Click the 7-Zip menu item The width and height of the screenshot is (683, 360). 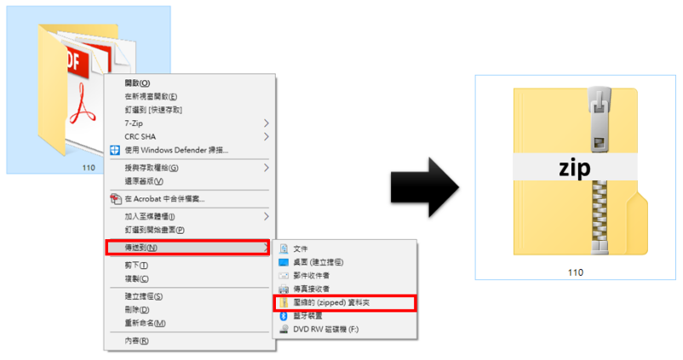coord(134,123)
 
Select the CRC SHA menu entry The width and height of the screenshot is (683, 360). coord(141,137)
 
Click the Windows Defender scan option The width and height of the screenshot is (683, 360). coord(176,150)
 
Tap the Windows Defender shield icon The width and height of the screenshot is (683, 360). coord(115,150)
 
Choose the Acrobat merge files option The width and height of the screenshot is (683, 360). coord(164,199)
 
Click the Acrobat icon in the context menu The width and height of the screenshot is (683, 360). coord(116,199)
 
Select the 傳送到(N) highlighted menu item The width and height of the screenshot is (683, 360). coord(187,248)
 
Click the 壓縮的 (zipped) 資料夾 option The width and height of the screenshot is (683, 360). coord(331,302)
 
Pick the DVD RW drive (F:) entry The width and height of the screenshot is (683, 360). coord(326,329)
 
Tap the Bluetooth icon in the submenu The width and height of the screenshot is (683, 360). coord(284,316)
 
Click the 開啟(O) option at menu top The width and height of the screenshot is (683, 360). coord(137,83)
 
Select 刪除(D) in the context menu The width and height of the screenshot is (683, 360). coord(137,310)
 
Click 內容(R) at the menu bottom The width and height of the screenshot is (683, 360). coord(136,340)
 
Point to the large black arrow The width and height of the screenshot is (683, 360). coord(425,187)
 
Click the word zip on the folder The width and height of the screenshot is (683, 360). coord(575,168)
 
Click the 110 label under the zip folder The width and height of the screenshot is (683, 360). coord(576,272)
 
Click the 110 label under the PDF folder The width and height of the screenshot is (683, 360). coord(89,168)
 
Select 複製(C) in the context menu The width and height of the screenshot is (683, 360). coord(136,278)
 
